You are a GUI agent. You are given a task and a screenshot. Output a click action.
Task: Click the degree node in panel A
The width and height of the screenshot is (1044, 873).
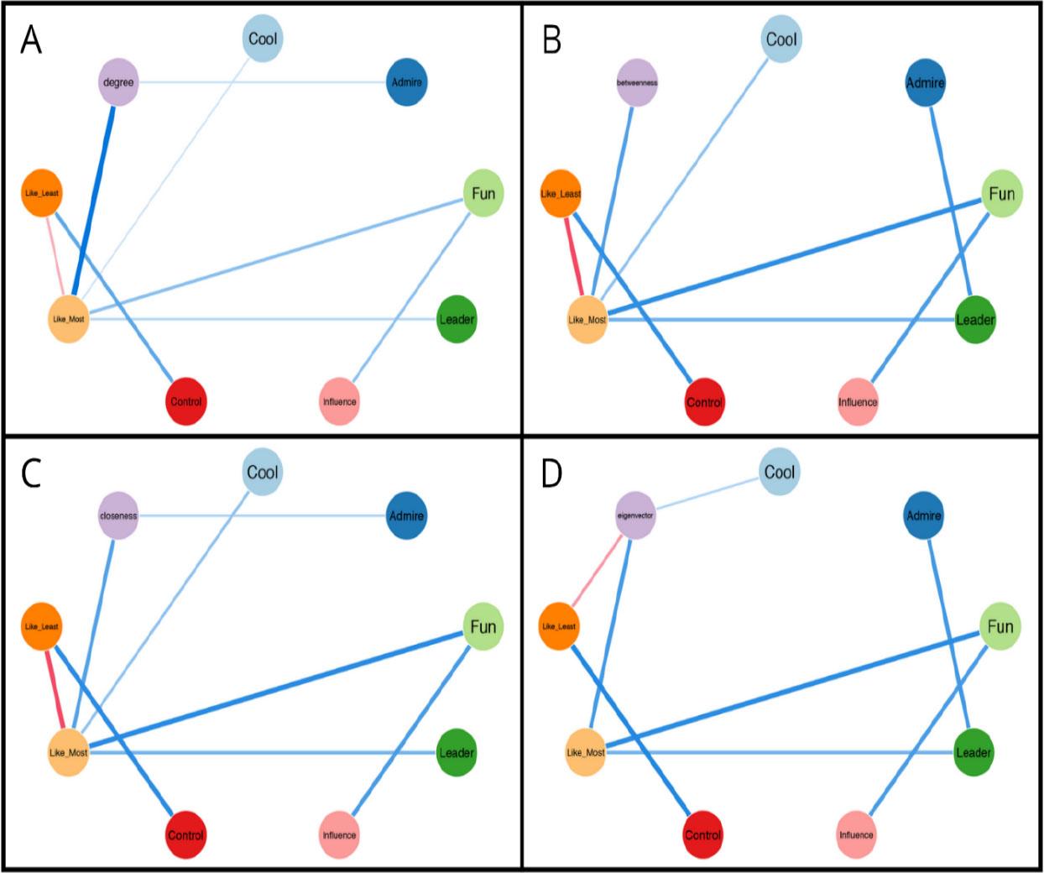[118, 82]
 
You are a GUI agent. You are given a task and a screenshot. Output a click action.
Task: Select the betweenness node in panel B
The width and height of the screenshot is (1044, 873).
[637, 82]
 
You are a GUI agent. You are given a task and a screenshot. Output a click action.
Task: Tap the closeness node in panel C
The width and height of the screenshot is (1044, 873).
[118, 515]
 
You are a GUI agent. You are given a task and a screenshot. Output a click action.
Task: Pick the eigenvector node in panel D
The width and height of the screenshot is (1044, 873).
[635, 515]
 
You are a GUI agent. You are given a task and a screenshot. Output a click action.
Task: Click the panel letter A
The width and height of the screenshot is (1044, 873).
[31, 39]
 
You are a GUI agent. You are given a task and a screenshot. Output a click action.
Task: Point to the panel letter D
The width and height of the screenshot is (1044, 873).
[551, 473]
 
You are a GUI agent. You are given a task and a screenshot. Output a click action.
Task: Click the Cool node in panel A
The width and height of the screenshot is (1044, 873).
[263, 39]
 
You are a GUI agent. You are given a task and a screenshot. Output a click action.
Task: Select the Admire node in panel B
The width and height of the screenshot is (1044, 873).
[925, 82]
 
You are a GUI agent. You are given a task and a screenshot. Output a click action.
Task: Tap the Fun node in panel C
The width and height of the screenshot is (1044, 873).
[483, 627]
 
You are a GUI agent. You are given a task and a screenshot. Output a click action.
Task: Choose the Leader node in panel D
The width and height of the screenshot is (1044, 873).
[974, 753]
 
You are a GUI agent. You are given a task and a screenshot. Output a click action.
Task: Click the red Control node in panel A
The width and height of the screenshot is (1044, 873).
[186, 401]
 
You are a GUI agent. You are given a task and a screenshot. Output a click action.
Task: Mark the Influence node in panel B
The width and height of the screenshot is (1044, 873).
[858, 402]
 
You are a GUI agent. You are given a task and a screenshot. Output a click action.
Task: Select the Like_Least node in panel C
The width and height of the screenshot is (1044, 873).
[41, 627]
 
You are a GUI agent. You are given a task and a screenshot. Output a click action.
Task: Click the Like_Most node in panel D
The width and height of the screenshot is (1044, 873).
[586, 753]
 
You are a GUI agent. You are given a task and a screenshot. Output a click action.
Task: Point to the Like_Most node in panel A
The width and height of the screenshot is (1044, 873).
[68, 319]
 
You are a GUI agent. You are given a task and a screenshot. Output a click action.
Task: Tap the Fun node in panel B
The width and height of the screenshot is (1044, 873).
[1002, 194]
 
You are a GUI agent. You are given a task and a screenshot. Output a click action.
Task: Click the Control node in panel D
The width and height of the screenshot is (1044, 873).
[703, 835]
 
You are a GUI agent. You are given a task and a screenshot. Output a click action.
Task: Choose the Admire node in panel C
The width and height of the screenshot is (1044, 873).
[406, 515]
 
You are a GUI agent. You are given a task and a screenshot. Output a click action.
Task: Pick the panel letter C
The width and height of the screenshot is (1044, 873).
[31, 473]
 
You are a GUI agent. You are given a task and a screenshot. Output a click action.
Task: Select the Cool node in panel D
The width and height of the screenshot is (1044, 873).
[780, 473]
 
